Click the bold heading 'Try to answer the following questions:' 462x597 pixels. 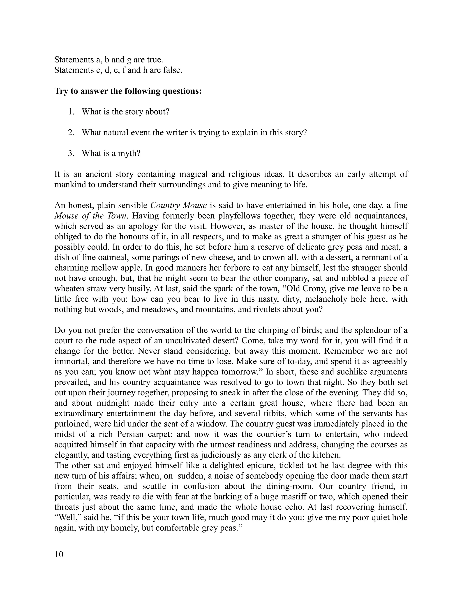pos(128,91)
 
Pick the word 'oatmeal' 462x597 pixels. pos(107,257)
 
